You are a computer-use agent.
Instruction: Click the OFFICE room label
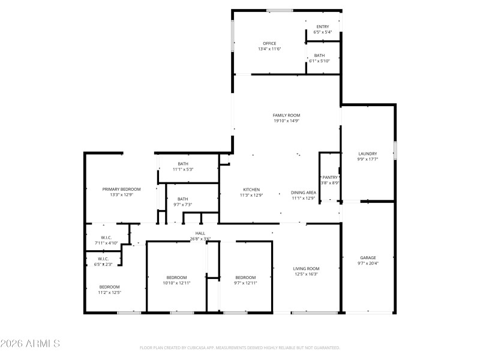[x=269, y=43]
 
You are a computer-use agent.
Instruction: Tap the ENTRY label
[x=323, y=26]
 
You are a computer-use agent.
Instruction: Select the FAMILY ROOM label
[x=286, y=115]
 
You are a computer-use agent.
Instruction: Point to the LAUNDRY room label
[x=367, y=154]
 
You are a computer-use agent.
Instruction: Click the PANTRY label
[x=330, y=177]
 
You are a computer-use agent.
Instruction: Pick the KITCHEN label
[x=251, y=190]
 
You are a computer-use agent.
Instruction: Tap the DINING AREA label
[x=304, y=193]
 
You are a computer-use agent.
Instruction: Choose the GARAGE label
[x=368, y=257]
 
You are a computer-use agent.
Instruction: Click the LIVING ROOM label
[x=306, y=268]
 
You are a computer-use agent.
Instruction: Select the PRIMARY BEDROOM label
[x=117, y=189]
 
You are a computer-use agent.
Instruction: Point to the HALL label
[x=200, y=233]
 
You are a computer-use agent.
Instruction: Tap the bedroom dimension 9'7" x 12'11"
[x=245, y=283]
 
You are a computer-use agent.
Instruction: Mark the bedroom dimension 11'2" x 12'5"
[x=110, y=293]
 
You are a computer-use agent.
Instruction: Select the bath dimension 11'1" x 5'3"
[x=183, y=169]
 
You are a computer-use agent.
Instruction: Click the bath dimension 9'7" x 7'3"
[x=182, y=205]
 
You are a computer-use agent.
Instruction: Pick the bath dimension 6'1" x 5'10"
[x=319, y=61]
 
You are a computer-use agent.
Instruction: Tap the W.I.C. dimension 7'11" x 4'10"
[x=106, y=243]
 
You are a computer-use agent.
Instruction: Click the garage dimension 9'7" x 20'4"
[x=368, y=263]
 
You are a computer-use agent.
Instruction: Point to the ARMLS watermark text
[x=30, y=344]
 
